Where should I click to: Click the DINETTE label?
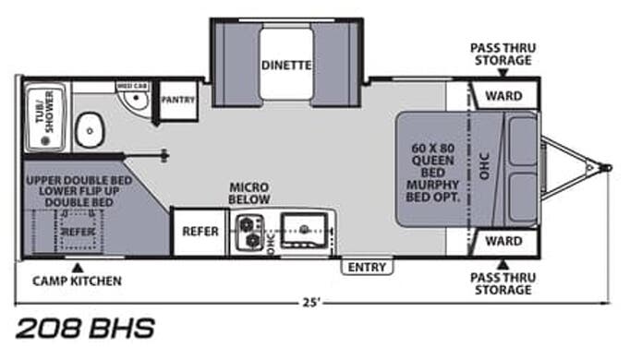(x=285, y=66)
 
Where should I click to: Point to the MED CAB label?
(x=130, y=86)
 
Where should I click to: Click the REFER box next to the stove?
(x=200, y=231)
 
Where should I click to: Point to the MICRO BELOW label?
(x=249, y=193)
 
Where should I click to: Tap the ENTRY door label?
(x=367, y=267)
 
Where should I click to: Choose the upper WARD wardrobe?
(x=504, y=95)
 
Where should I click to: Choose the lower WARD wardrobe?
(x=504, y=243)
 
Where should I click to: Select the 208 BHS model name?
(x=85, y=328)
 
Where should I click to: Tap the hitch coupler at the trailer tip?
(x=605, y=168)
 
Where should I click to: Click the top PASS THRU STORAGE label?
(x=501, y=54)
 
